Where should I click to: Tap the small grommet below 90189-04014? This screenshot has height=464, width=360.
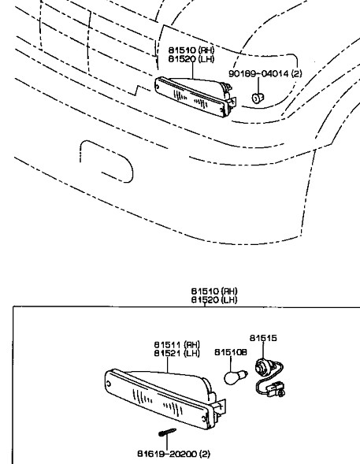tap(258, 97)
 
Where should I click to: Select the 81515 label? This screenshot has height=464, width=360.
tap(263, 338)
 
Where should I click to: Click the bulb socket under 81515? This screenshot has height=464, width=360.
tap(262, 367)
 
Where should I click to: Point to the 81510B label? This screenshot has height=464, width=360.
tap(231, 352)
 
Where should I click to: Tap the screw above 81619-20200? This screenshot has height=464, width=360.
tap(167, 432)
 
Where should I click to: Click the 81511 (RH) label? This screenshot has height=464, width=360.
tap(177, 345)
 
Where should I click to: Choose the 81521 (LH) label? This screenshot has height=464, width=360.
tap(177, 353)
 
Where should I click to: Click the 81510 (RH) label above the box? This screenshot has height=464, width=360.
tap(214, 291)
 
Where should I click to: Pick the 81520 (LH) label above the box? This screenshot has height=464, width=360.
tap(214, 300)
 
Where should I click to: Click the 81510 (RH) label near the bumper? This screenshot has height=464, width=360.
tap(191, 50)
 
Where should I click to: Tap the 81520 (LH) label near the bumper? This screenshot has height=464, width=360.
tap(191, 59)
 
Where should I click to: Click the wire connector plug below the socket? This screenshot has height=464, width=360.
tap(276, 390)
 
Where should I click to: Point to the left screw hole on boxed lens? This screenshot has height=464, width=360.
tap(109, 384)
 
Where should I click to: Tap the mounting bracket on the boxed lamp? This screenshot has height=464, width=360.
tap(220, 408)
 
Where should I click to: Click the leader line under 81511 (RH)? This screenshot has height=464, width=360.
tap(168, 365)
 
